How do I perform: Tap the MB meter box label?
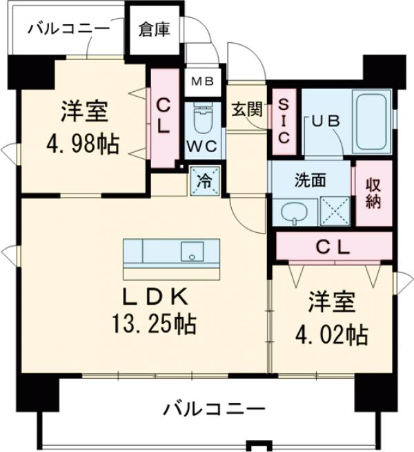[203, 82]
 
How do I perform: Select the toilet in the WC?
[203, 119]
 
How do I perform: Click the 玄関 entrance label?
[246, 109]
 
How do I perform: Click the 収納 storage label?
[373, 193]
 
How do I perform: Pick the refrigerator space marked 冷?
[206, 182]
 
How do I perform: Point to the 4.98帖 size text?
[82, 145]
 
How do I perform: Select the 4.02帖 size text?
[331, 337]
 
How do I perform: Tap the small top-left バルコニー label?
[68, 29]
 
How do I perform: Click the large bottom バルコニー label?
[215, 409]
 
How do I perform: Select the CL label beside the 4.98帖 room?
[164, 117]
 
